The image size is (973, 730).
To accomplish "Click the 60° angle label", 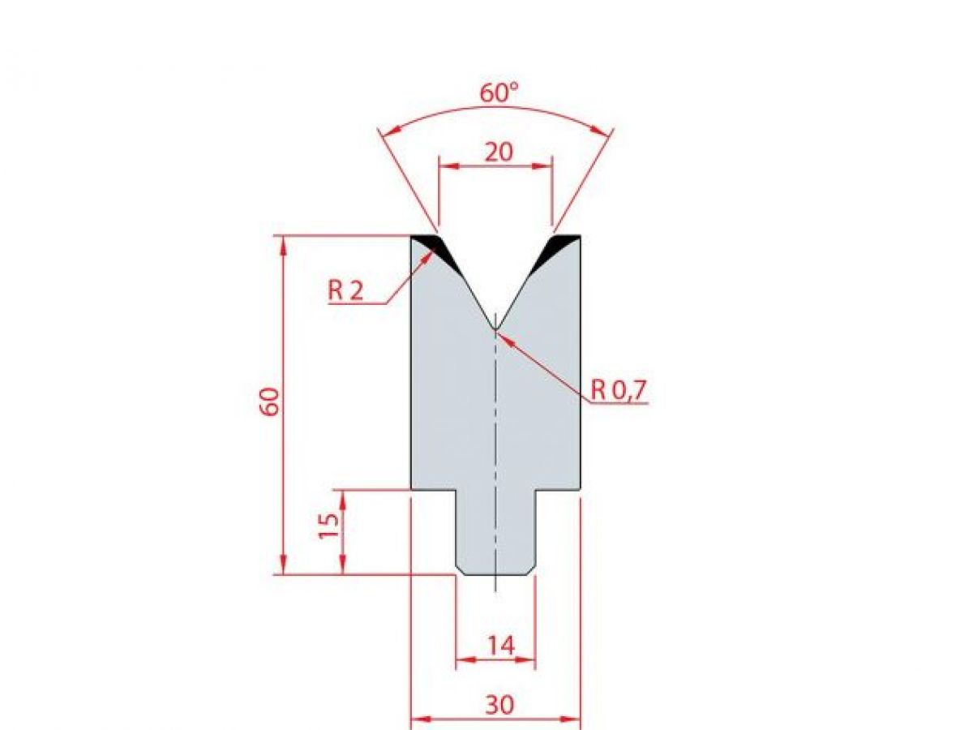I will [x=498, y=93].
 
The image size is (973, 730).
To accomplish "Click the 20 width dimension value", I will [x=498, y=152].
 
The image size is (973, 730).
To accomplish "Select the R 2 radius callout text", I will [x=346, y=290].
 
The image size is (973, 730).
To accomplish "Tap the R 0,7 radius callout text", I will [x=618, y=390].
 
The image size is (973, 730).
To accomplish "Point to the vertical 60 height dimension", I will [x=270, y=401].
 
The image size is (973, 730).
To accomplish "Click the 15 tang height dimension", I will [x=328, y=527].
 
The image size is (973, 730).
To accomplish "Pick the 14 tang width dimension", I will [x=500, y=646].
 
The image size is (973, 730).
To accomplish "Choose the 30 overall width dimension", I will [x=499, y=705].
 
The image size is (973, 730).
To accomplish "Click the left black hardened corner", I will [x=430, y=244].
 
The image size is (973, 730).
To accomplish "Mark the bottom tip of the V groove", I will [x=495, y=328].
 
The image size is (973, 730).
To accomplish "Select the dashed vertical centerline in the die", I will [x=495, y=446].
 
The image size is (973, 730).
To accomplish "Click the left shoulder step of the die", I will [x=434, y=490].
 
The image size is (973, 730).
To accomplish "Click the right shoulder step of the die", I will [x=558, y=490].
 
